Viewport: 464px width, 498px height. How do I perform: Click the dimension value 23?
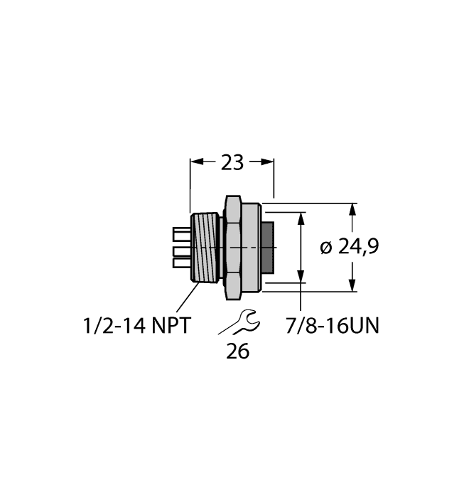[x=232, y=163]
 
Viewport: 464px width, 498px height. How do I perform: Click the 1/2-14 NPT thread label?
[x=136, y=327]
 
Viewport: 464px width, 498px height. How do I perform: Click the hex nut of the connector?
[x=234, y=247]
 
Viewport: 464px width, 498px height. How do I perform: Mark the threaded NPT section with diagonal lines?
[x=206, y=247]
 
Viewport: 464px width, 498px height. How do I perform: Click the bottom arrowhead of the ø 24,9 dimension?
[x=353, y=285]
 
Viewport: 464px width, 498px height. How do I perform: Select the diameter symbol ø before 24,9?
[x=326, y=248]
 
